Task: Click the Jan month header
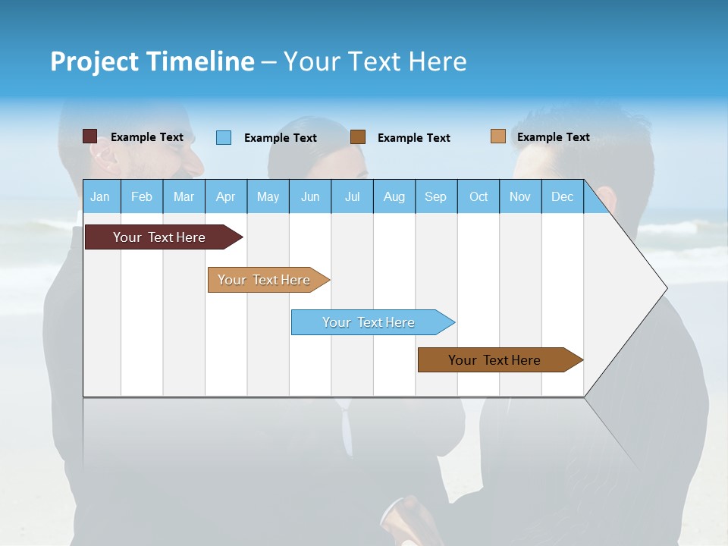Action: [x=100, y=196]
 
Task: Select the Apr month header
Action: [x=226, y=196]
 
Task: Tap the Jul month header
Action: [x=352, y=196]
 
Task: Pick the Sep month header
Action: [x=435, y=196]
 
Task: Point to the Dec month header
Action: [x=562, y=196]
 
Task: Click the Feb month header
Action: [x=142, y=196]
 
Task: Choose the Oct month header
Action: [x=479, y=196]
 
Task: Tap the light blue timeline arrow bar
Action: [x=369, y=322]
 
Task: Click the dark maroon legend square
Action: [x=89, y=136]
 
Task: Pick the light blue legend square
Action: [x=224, y=137]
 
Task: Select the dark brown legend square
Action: [x=358, y=137]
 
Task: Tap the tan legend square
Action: [x=497, y=136]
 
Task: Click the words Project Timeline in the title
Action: [x=152, y=61]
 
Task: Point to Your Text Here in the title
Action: [x=375, y=61]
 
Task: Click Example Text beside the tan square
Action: [x=553, y=136]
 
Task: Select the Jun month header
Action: [x=310, y=196]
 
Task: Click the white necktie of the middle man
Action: [x=347, y=432]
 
